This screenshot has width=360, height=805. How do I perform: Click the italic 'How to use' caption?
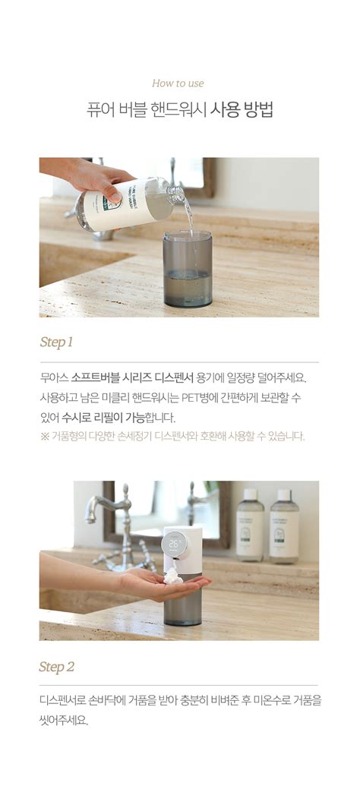pyautogui.click(x=178, y=84)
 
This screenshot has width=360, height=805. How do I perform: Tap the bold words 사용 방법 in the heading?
pyautogui.click(x=242, y=110)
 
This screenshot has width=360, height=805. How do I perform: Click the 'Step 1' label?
pyautogui.click(x=56, y=343)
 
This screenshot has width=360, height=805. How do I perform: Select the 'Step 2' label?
pyautogui.click(x=57, y=668)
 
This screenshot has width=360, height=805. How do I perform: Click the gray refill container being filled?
pyautogui.click(x=187, y=269)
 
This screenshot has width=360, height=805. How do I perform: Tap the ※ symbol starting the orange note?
pyautogui.click(x=45, y=437)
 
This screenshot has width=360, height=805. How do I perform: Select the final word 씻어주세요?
pyautogui.click(x=64, y=720)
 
